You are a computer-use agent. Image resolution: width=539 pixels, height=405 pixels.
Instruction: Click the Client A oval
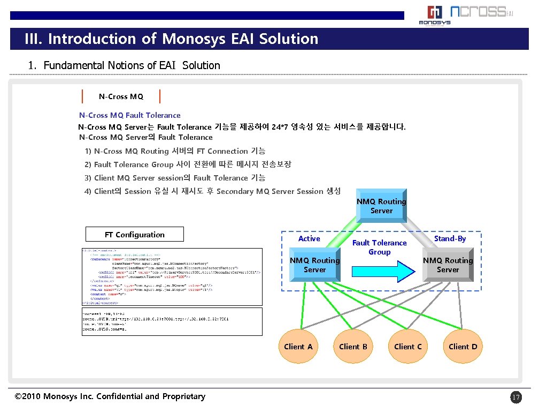(298, 347)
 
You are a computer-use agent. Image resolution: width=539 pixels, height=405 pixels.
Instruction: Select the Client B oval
(353, 347)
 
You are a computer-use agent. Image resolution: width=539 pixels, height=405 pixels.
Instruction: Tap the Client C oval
(408, 347)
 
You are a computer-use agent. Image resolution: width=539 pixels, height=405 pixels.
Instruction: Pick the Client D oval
(463, 347)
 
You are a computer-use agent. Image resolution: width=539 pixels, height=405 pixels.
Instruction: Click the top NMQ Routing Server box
(381, 206)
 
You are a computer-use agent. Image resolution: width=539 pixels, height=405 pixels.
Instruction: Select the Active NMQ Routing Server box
(314, 265)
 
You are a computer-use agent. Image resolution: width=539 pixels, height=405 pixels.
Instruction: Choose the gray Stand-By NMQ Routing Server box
(448, 265)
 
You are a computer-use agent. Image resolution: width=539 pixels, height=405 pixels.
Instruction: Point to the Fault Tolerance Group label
(379, 247)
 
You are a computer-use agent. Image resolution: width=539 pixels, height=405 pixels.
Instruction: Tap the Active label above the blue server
(309, 238)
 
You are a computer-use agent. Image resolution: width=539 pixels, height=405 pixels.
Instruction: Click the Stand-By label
(450, 238)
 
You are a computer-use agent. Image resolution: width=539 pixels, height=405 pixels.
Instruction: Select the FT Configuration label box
(134, 235)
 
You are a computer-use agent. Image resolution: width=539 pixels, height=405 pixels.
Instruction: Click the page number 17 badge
(515, 397)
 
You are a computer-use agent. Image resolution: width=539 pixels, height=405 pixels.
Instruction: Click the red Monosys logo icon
(434, 13)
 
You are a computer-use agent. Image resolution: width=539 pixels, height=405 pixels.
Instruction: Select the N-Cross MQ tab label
(121, 96)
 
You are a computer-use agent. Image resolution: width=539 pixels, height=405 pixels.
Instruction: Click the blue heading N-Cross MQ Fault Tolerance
(130, 115)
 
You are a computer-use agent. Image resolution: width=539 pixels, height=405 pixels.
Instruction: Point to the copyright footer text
(110, 396)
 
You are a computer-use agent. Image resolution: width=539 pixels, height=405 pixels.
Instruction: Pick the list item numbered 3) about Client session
(174, 178)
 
